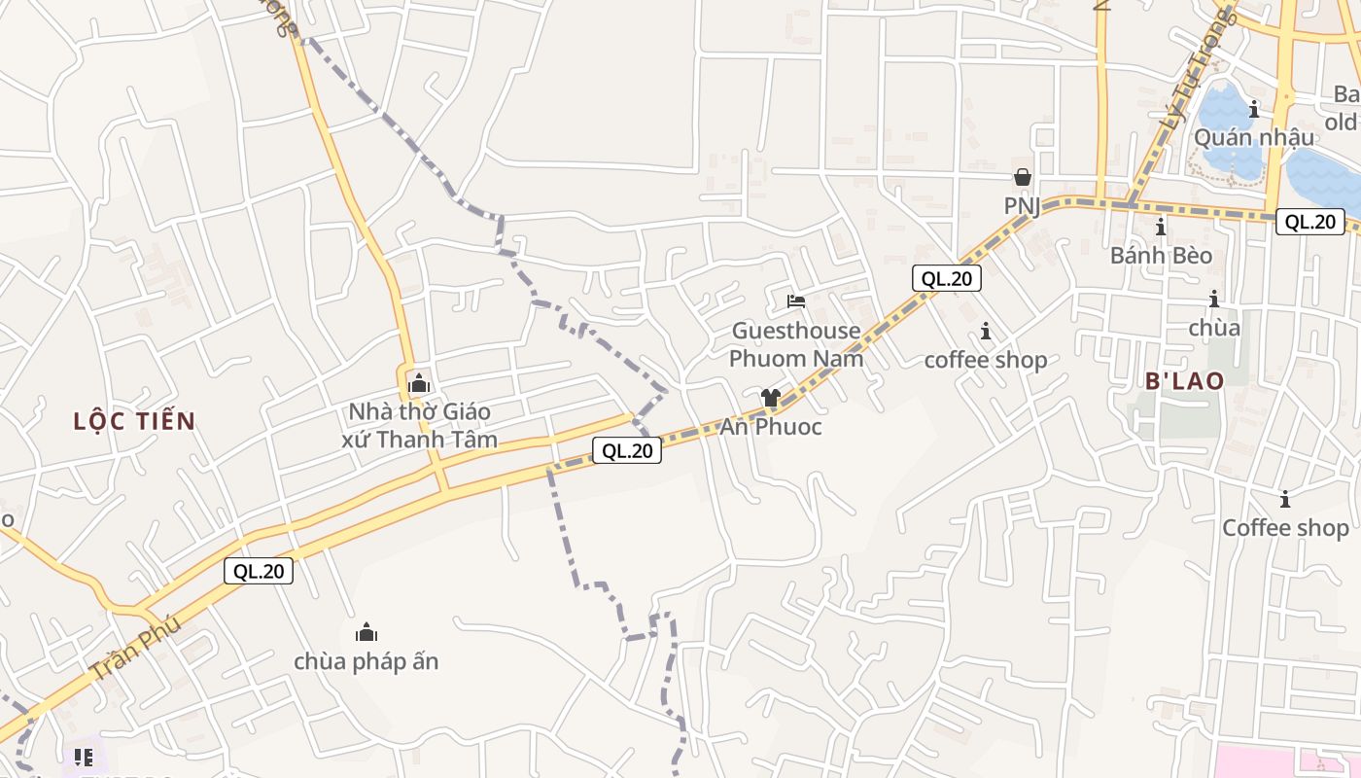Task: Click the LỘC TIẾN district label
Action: (x=134, y=421)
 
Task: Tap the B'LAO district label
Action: (x=1184, y=380)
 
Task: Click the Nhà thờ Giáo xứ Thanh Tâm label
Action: (x=420, y=426)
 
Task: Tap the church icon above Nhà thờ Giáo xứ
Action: (x=419, y=383)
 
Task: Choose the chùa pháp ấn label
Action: (x=366, y=661)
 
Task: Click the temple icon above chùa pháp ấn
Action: (x=366, y=632)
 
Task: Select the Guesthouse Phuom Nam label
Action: (x=796, y=344)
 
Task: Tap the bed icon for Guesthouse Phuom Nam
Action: (x=796, y=301)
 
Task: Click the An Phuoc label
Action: (x=771, y=427)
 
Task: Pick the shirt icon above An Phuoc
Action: (x=771, y=397)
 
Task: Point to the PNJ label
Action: (x=1023, y=206)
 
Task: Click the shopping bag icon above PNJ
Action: (x=1023, y=177)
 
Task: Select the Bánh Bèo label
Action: (x=1162, y=256)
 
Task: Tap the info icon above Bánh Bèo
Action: (x=1161, y=228)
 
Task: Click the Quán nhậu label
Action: (x=1254, y=137)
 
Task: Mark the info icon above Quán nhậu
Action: (x=1254, y=108)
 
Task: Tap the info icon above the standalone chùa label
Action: (x=1214, y=300)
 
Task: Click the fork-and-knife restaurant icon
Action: (x=83, y=757)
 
